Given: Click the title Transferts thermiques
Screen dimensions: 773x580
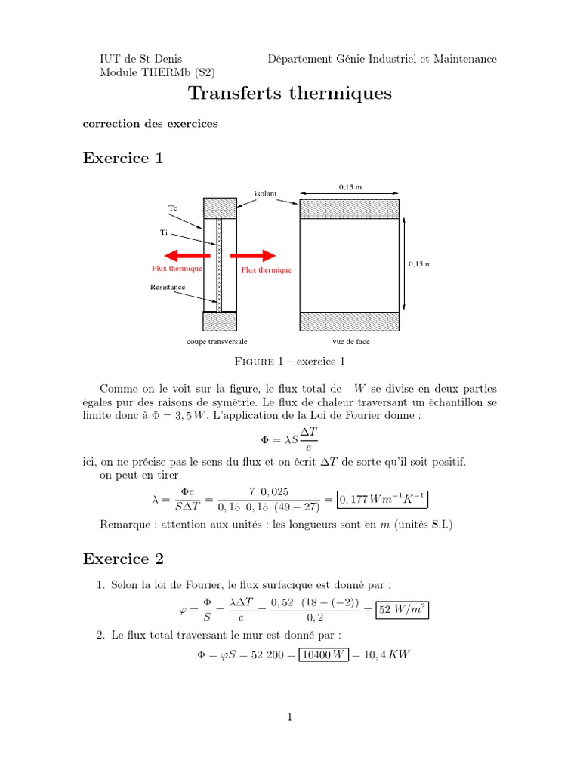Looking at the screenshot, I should (290, 94).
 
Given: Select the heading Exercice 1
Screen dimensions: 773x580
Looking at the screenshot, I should (123, 159).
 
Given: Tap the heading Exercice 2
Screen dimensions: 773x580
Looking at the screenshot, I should (123, 559).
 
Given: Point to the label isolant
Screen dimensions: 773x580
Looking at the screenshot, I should (265, 194).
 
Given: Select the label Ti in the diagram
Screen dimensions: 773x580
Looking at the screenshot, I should (164, 233).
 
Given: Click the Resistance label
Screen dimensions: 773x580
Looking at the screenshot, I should (168, 287).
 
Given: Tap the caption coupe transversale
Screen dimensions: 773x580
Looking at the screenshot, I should (217, 341).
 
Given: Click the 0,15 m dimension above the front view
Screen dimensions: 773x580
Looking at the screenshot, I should (349, 186).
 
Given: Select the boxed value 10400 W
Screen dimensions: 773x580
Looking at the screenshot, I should (323, 655).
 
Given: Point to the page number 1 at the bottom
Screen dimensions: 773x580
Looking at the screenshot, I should (289, 717).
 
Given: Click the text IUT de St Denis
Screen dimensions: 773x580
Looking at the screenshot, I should (140, 59).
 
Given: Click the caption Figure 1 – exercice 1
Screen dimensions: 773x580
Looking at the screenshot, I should (290, 360).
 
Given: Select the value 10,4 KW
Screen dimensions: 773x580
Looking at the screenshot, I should (386, 655).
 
